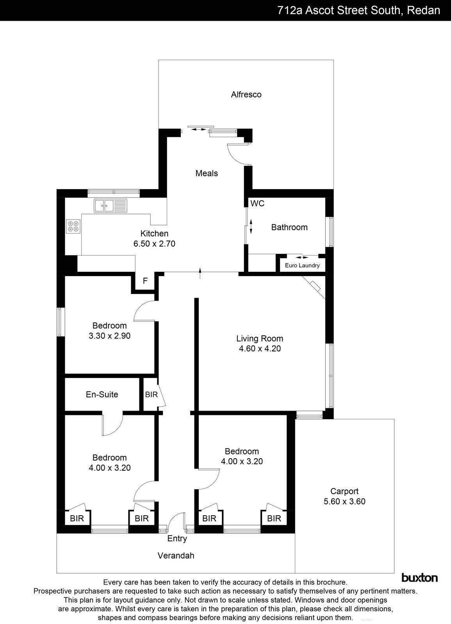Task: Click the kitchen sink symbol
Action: [111, 205]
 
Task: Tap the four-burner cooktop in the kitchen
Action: [73, 226]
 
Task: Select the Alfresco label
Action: [246, 94]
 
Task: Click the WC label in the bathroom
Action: [257, 204]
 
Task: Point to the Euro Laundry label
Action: [302, 266]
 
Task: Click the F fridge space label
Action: [145, 281]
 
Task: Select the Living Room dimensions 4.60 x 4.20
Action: [260, 349]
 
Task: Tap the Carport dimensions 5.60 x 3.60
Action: [344, 502]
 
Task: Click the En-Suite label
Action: [102, 394]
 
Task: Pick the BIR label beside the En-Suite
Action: [151, 395]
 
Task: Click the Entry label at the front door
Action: [177, 539]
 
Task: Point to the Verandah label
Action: [176, 555]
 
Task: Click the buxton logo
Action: [419, 578]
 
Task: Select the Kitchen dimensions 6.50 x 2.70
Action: [154, 244]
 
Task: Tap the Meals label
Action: [207, 173]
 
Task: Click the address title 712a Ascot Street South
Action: [358, 10]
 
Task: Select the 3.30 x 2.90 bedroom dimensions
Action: [109, 335]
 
